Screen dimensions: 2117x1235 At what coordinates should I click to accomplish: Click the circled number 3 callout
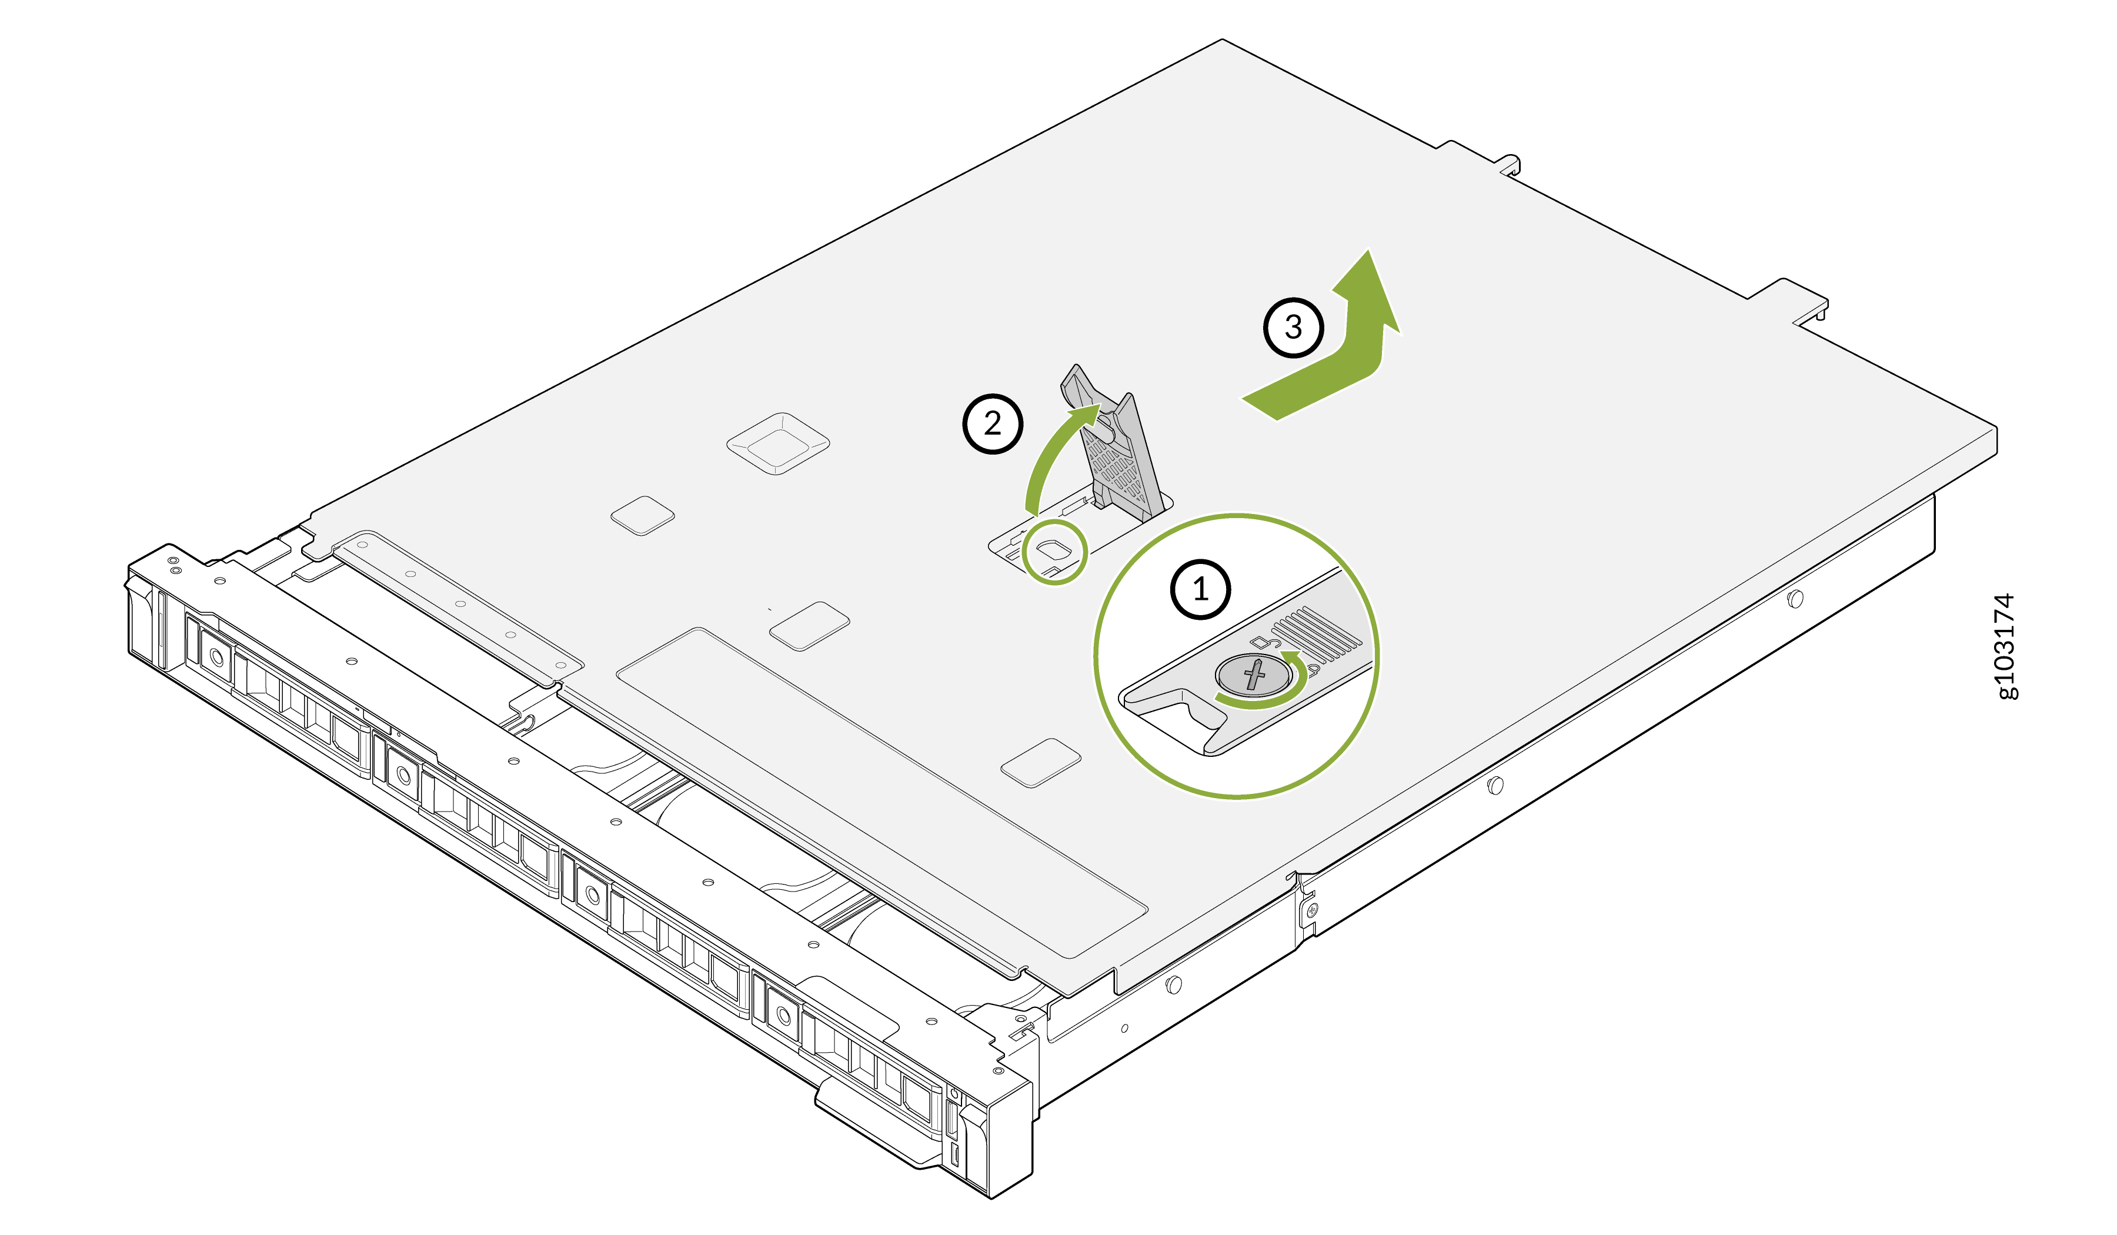point(1294,327)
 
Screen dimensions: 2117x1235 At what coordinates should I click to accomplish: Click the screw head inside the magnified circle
point(1253,675)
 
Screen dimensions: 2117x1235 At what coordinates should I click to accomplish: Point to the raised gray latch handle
point(1114,441)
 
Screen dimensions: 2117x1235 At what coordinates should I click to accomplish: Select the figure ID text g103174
point(2005,646)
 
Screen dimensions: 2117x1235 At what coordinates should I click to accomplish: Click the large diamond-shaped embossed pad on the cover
point(778,443)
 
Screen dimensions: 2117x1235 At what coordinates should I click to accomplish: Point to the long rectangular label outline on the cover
point(882,792)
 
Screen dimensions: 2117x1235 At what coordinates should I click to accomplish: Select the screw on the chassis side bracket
point(1312,910)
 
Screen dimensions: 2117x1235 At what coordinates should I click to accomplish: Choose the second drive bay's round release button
point(404,775)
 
